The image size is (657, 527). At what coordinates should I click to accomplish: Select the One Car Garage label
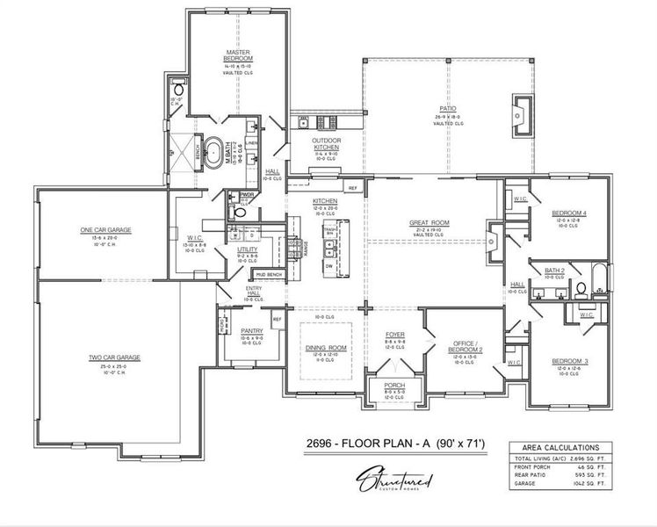pyautogui.click(x=105, y=229)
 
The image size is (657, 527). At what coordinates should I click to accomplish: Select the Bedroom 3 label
pyautogui.click(x=569, y=360)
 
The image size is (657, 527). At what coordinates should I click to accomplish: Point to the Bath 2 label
pyautogui.click(x=554, y=271)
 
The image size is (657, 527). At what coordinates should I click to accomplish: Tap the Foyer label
pyautogui.click(x=395, y=335)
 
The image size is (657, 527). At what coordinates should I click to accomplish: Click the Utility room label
pyautogui.click(x=247, y=249)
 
